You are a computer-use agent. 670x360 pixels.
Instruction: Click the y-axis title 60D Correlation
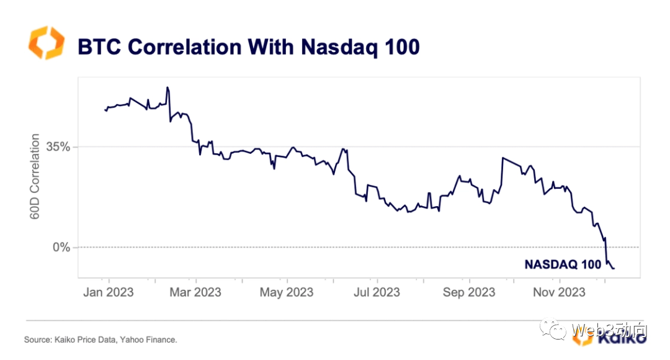35,176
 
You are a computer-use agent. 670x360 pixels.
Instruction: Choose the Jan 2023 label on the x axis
109,292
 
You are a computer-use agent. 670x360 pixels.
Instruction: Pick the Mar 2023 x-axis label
195,292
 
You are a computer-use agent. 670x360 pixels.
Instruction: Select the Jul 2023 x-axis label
377,292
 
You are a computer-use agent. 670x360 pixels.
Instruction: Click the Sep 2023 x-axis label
468,292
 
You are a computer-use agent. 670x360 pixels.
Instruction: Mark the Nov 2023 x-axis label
559,292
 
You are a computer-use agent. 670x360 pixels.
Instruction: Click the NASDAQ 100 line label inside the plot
563,264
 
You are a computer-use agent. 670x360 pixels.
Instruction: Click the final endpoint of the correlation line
614,268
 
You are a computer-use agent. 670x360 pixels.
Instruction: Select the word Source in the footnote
36,340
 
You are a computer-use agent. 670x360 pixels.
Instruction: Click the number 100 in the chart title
400,47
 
